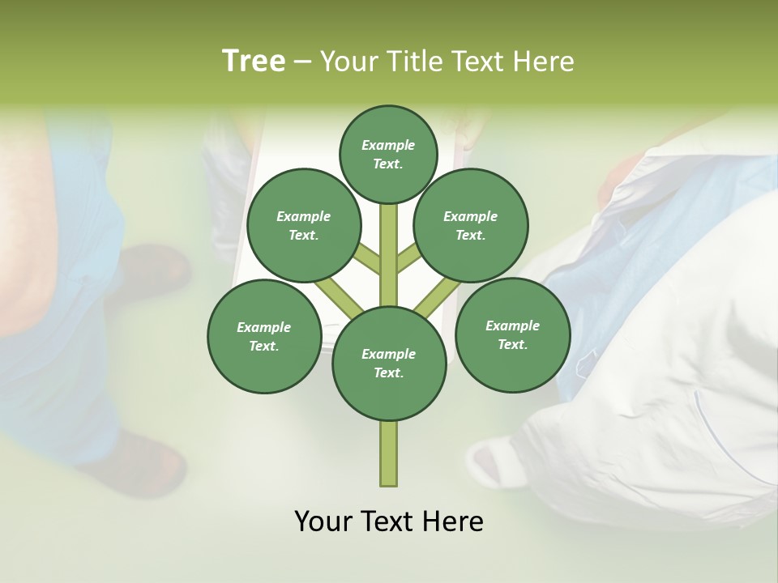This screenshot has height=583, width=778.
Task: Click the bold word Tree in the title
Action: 254,61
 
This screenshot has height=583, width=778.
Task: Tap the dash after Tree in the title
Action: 302,62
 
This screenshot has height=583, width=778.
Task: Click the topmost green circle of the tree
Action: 388,154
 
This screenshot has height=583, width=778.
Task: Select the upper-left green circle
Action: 303,225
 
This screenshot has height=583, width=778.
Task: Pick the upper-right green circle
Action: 471,225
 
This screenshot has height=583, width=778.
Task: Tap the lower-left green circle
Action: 263,336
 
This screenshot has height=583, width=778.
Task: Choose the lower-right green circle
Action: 512,334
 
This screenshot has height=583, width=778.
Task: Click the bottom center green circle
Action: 389,363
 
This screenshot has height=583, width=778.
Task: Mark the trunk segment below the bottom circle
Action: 389,453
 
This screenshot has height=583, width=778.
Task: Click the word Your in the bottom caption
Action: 323,521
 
